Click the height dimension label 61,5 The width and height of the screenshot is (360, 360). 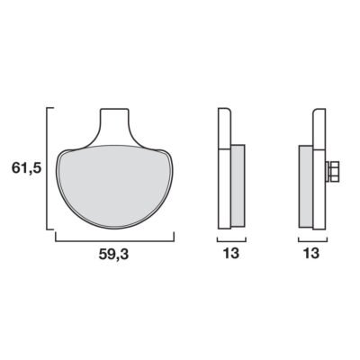tap(26, 167)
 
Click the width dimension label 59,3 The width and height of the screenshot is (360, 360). tap(113, 255)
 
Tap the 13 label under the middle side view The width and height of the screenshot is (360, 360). tap(231, 254)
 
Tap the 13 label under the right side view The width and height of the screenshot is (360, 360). tap(311, 254)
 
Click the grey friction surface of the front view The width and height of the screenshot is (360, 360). tap(115, 184)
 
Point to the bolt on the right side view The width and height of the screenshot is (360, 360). tap(332, 172)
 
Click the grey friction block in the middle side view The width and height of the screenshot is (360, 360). tap(238, 185)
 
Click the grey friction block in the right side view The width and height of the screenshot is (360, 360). tap(306, 186)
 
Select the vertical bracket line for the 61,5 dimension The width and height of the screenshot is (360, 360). tap(47, 168)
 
